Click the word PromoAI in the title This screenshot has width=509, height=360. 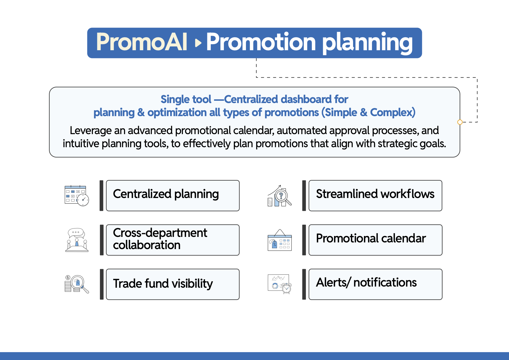click(x=142, y=42)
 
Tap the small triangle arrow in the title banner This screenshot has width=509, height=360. click(x=198, y=43)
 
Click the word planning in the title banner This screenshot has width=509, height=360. click(x=367, y=44)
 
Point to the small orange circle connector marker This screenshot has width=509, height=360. click(x=460, y=122)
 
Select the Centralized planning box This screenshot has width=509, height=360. click(x=173, y=196)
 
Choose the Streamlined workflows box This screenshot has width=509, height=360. click(x=375, y=196)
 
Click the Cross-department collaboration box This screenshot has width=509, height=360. click(x=173, y=240)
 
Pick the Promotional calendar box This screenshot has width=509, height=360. click(x=375, y=240)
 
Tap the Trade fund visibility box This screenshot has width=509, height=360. click(x=173, y=284)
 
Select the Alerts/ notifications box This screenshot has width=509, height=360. click(x=375, y=284)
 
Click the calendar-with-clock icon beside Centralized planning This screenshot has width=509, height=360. click(x=77, y=195)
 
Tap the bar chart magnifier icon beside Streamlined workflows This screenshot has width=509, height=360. click(x=280, y=196)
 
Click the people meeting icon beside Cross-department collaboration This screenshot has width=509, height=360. click(x=77, y=240)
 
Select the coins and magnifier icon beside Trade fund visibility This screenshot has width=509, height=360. click(x=77, y=284)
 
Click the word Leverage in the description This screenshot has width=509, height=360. click(x=91, y=131)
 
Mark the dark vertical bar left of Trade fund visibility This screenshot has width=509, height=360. click(x=102, y=284)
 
